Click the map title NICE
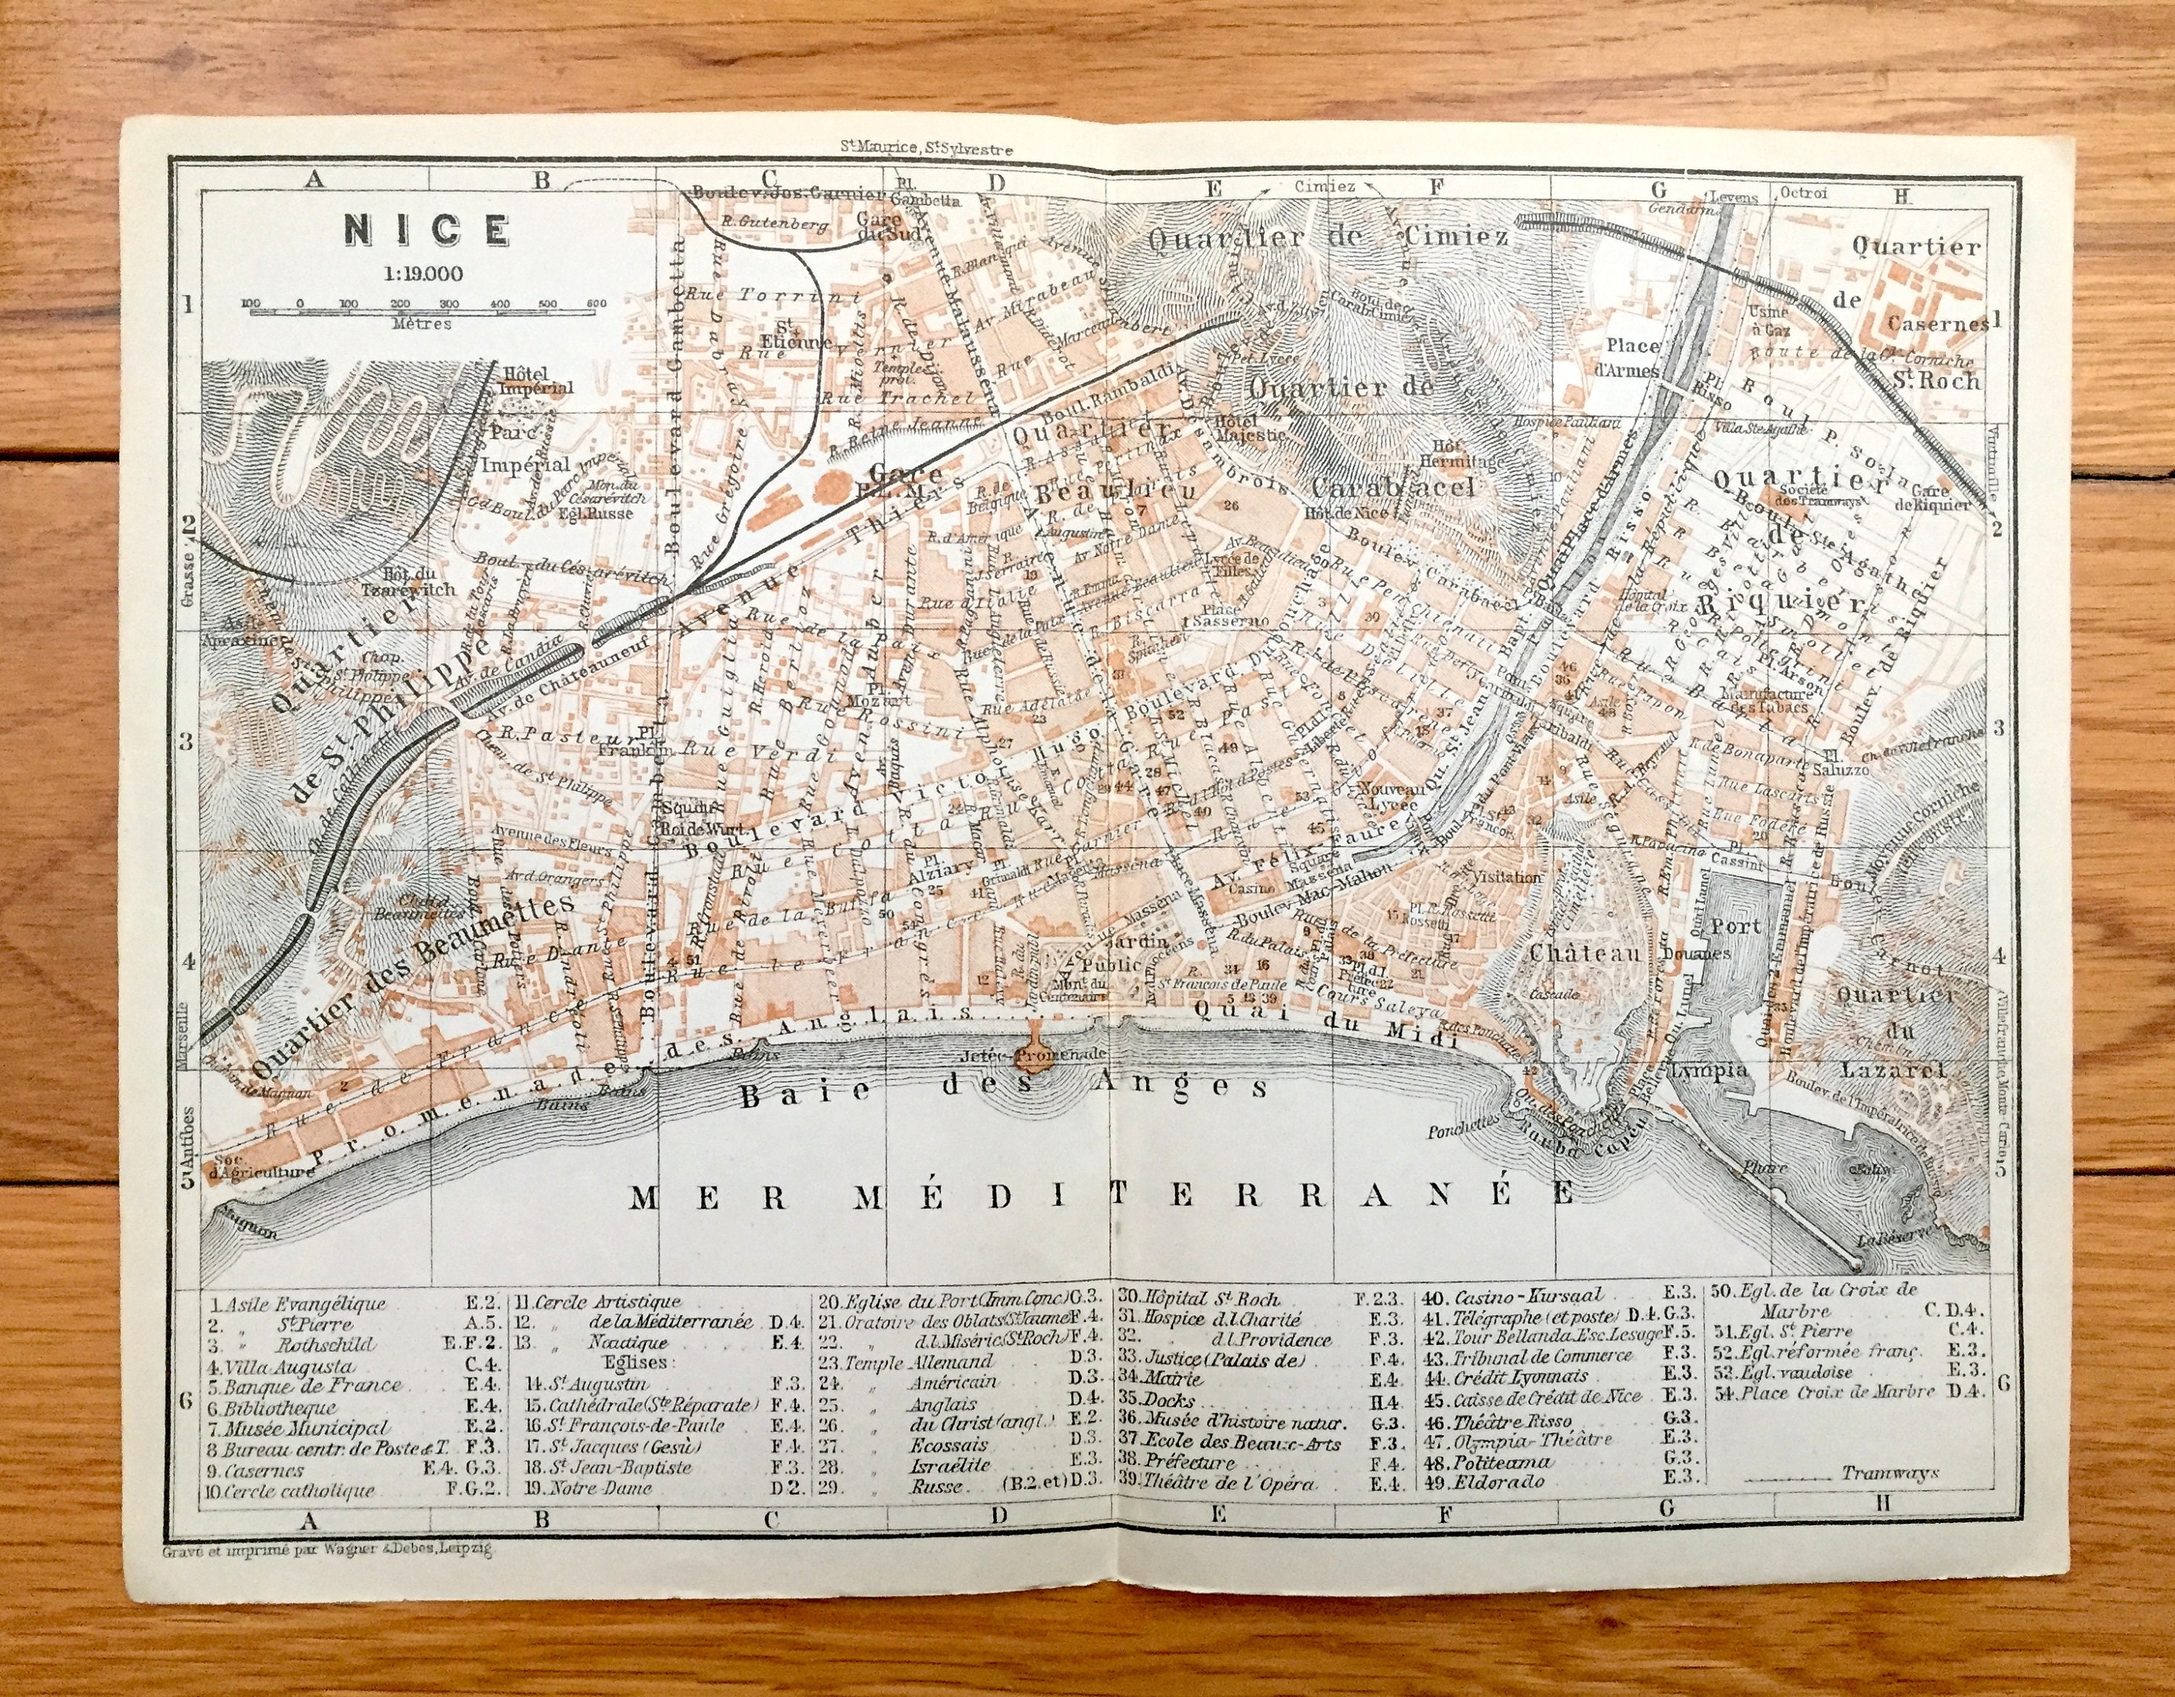pos(426,229)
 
